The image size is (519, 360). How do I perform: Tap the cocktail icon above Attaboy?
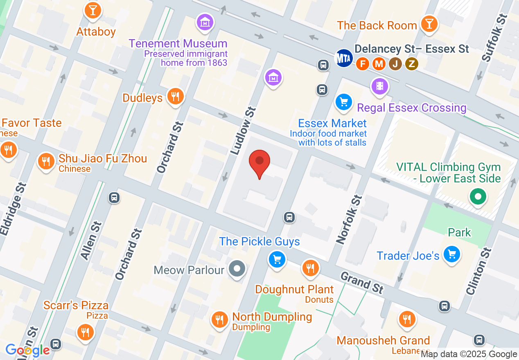93,9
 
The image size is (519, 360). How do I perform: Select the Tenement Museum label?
178,43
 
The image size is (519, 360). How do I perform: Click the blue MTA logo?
343,58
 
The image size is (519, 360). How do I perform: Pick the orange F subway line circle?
362,63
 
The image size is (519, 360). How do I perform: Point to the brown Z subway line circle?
412,63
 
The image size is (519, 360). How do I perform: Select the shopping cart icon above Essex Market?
344,101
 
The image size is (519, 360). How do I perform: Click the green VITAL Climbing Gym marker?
478,196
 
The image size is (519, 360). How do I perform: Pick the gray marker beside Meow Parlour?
237,269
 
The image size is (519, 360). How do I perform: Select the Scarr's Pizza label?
76,305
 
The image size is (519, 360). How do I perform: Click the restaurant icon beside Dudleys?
176,97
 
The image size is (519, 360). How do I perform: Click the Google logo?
27,350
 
